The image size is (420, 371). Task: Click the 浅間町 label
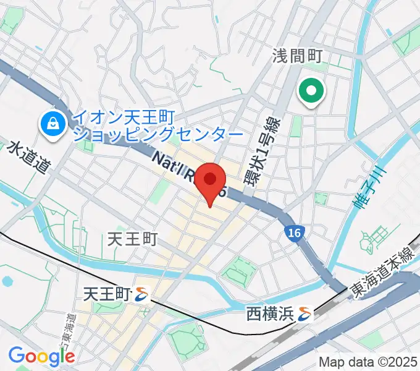point(298,57)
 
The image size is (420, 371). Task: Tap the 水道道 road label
point(28,158)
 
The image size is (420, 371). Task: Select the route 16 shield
point(294,232)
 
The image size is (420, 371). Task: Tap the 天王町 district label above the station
point(133,238)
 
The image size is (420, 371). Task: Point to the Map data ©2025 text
point(368,362)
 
